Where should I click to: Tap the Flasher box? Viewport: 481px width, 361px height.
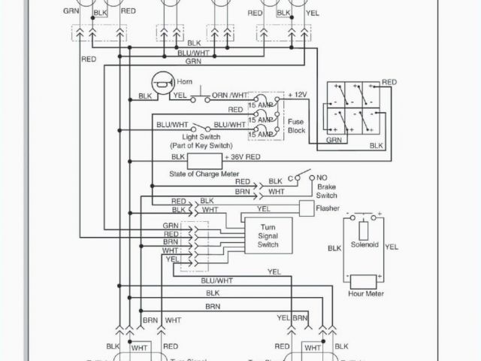point(306,208)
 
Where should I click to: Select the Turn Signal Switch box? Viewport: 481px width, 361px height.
point(268,235)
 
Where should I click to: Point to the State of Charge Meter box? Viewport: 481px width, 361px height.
point(204,160)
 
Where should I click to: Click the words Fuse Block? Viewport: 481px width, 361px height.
point(296,125)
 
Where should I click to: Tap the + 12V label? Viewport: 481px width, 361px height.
point(298,95)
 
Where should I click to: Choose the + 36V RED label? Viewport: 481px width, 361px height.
point(242,157)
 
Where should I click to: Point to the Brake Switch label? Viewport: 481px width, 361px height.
point(327,190)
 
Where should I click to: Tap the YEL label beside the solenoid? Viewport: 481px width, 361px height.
point(392,246)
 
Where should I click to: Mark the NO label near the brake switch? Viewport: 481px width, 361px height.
point(323,177)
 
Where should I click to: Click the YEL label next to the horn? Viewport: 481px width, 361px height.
point(180,96)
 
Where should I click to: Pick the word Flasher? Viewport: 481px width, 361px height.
point(328,208)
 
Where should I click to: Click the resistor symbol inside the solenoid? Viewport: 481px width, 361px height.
point(365,230)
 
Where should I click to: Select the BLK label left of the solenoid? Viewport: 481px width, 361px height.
point(334,247)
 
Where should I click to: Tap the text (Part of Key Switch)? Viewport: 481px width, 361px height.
point(201,145)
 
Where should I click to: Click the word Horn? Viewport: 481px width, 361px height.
point(185,80)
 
